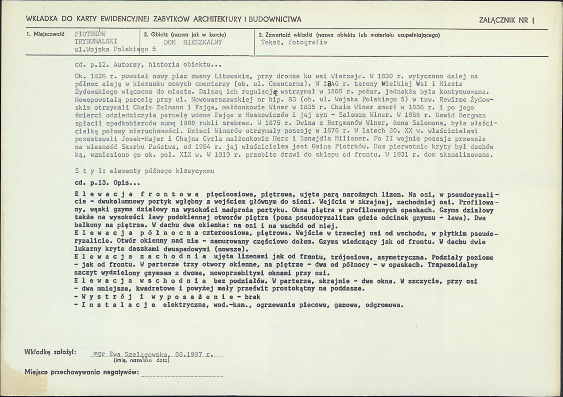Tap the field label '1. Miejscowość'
pyautogui.click(x=45, y=35)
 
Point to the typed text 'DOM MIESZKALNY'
pyautogui.click(x=193, y=42)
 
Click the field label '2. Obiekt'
pyautogui.click(x=155, y=35)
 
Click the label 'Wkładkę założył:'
pyautogui.click(x=52, y=351)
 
